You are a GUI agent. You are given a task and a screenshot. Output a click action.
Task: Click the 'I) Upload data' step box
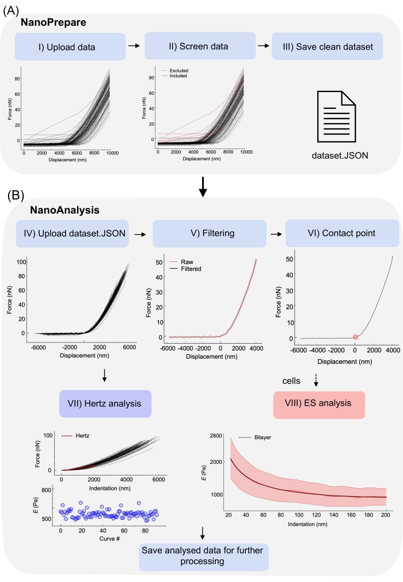[70, 47]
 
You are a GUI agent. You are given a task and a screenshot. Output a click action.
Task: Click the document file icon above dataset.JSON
[339, 117]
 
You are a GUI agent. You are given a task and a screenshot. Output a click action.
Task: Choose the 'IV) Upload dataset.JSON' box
[71, 235]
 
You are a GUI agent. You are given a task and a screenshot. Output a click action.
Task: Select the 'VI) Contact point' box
[343, 235]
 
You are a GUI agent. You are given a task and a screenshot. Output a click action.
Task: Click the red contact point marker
[355, 337]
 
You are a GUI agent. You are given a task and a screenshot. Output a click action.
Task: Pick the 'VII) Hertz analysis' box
[104, 403]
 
